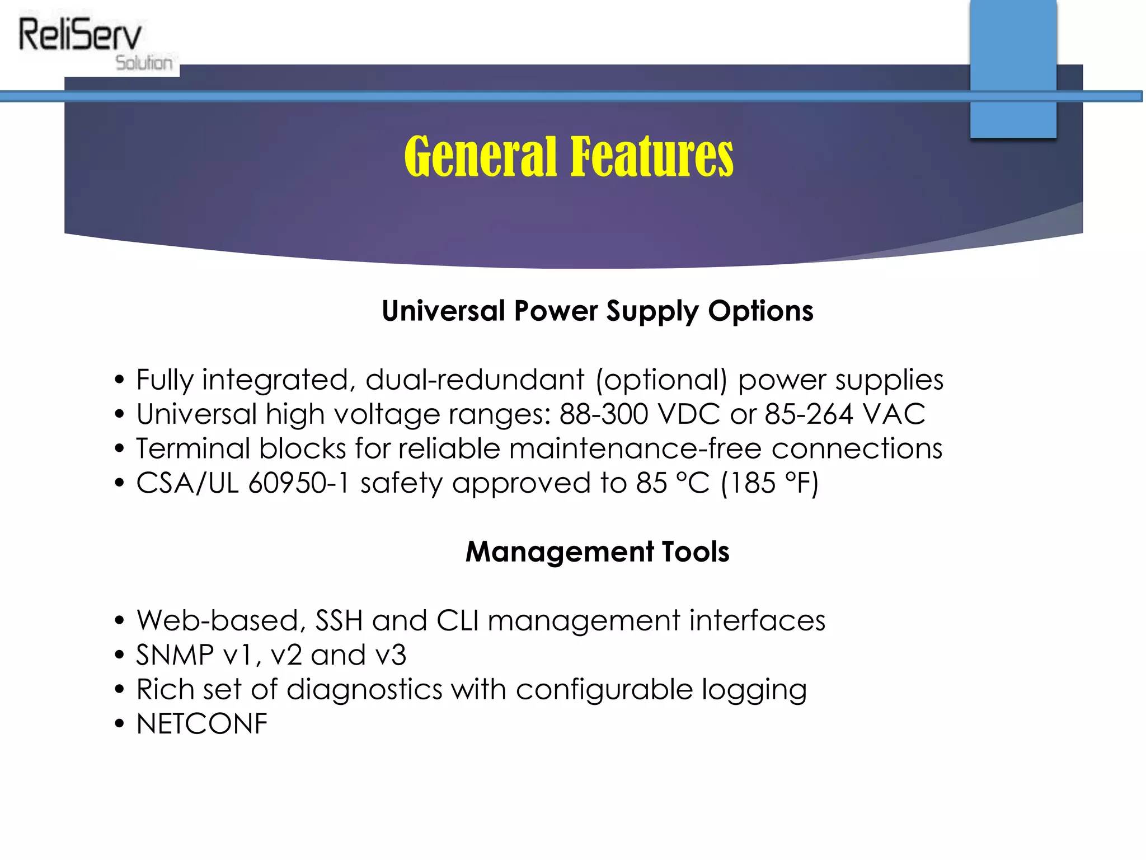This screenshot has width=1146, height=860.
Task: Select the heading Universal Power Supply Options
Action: [597, 311]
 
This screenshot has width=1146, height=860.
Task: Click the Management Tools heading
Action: [597, 552]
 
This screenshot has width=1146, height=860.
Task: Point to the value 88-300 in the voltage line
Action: [604, 415]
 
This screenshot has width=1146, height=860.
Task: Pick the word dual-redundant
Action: [475, 380]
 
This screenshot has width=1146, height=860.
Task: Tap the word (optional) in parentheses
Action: [661, 381]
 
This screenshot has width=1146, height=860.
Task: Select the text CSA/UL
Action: [187, 484]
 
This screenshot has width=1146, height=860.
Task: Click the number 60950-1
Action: [299, 484]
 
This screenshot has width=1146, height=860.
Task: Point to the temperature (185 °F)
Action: [770, 484]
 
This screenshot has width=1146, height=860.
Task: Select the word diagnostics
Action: [364, 690]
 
